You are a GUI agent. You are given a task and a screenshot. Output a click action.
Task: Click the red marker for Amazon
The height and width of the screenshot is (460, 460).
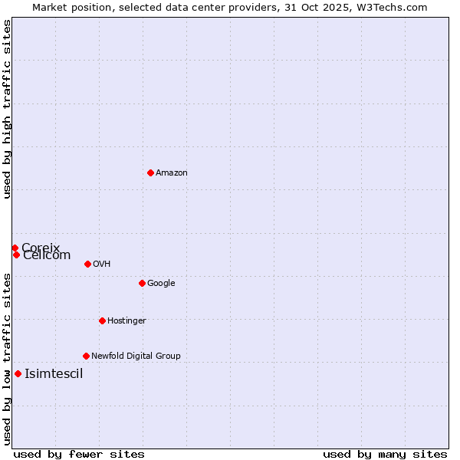[150, 172]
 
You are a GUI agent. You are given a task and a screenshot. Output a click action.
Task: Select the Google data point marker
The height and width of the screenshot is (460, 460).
[142, 283]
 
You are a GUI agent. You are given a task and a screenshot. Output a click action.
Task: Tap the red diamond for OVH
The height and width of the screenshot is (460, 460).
[87, 264]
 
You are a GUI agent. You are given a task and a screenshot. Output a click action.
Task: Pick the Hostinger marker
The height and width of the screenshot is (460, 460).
[102, 320]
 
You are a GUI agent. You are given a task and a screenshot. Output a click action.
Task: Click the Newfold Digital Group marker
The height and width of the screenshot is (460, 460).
[86, 356]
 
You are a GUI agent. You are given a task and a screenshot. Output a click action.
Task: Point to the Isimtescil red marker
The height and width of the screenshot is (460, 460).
[18, 373]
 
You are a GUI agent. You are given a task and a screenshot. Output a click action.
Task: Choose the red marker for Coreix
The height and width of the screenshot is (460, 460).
[15, 248]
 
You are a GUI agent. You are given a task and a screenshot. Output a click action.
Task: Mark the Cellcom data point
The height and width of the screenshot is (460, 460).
[16, 255]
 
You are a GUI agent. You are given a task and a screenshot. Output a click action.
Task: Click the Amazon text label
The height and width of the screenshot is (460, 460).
[172, 173]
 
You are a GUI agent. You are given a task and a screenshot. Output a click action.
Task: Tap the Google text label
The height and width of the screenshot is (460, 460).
[161, 284]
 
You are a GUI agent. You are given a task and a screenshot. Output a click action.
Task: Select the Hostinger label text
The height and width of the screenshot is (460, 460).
[127, 321]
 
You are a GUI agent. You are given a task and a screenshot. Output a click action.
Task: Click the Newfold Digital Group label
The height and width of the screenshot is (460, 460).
[136, 356]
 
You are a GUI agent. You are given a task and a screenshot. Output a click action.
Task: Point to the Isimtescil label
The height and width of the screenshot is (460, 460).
[54, 374]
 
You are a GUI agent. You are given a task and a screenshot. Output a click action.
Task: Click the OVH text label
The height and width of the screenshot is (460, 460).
[102, 264]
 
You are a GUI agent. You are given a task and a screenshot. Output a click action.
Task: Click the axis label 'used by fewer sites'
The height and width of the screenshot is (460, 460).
[79, 454]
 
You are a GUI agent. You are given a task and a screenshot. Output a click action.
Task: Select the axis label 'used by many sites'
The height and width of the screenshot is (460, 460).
[385, 454]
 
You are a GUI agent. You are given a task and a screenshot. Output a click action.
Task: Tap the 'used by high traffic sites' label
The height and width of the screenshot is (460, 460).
[8, 109]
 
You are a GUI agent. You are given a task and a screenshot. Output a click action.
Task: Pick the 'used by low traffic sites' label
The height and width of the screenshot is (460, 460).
[8, 358]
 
